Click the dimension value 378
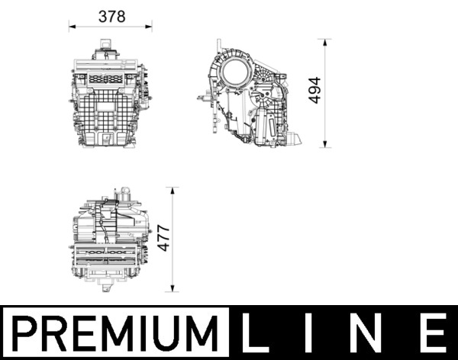tap(111, 16)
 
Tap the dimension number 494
tap(315, 92)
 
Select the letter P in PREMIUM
tap(27, 333)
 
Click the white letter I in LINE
tap(313, 333)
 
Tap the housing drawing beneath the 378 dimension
tap(111, 98)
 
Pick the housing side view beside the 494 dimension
tap(252, 99)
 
